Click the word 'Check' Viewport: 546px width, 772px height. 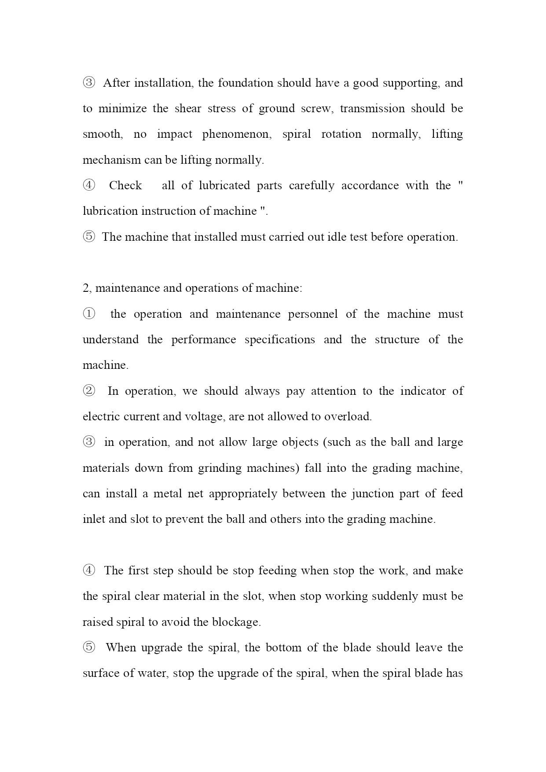coord(125,185)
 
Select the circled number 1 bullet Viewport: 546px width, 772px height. coord(89,314)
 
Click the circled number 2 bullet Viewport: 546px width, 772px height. coord(89,391)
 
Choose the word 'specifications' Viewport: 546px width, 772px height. coord(280,339)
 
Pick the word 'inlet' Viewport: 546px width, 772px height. coord(93,519)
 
